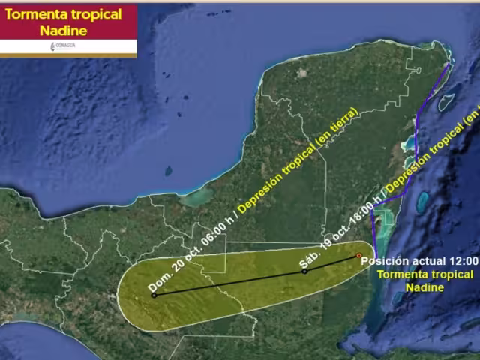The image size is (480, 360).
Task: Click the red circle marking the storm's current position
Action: click(359, 256)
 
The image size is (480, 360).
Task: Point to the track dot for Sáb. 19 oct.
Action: click(304, 271)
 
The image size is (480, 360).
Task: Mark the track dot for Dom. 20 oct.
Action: click(154, 295)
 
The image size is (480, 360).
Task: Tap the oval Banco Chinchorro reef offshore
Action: click(423, 200)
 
